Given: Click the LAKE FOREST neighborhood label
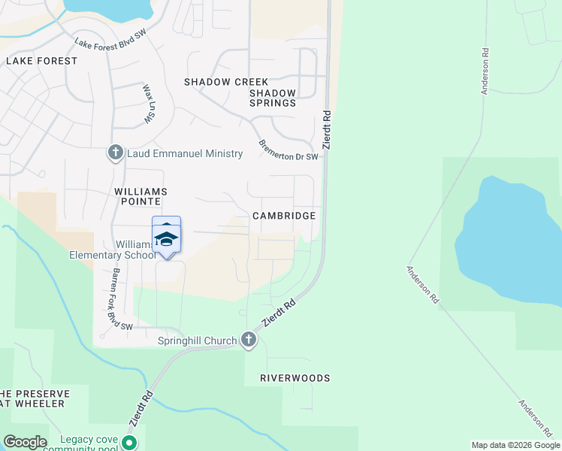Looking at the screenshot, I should click(x=42, y=61).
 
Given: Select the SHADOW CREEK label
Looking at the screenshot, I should click(x=222, y=81).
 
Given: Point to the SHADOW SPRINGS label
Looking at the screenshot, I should click(x=273, y=98).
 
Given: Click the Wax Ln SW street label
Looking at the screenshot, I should click(x=148, y=103).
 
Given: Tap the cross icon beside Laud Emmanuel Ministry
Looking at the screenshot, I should click(x=116, y=153).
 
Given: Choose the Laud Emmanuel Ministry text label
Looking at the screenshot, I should click(x=185, y=154).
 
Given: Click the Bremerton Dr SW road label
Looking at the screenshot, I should click(x=289, y=149).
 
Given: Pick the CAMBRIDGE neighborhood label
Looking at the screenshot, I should click(x=284, y=216).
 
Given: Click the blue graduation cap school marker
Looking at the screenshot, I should click(x=167, y=240).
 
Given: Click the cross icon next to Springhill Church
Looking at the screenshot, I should click(x=249, y=341).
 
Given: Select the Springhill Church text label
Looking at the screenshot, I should click(x=198, y=341).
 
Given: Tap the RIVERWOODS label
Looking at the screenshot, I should click(x=295, y=378).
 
